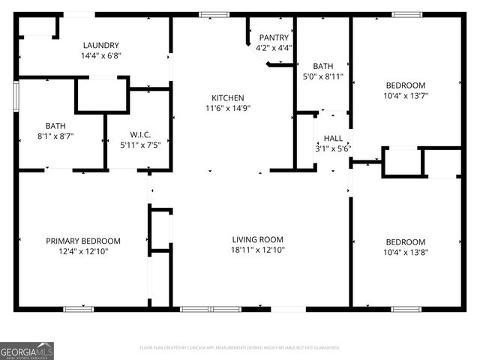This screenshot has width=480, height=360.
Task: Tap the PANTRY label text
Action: (273, 37)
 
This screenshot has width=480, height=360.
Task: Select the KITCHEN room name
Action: (226, 97)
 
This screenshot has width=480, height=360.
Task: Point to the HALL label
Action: (333, 139)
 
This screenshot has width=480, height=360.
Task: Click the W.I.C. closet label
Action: (139, 134)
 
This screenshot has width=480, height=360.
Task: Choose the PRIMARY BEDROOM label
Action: (83, 241)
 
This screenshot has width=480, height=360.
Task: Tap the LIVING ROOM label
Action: (257, 240)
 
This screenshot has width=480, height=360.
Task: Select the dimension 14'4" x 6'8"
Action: (101, 55)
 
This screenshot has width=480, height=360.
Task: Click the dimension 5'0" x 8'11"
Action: (323, 76)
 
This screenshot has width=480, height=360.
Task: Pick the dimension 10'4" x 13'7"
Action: (405, 95)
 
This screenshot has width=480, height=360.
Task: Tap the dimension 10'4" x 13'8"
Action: (405, 252)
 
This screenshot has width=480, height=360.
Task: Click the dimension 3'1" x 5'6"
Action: (333, 148)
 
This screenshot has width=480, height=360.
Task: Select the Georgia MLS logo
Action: (27, 350)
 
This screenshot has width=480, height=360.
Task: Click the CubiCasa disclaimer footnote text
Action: (240, 348)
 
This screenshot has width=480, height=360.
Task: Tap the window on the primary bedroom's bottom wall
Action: (78, 308)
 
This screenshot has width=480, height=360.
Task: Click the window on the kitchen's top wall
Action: (214, 13)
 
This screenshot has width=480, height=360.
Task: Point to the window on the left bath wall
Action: (16, 96)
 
